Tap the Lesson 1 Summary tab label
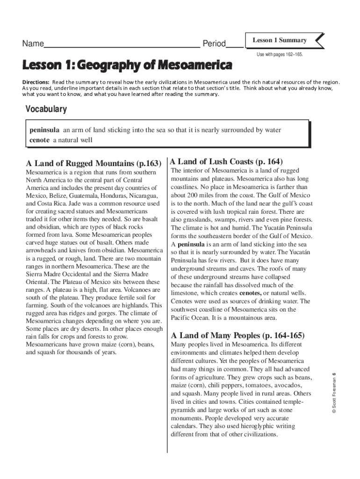tap(280, 40)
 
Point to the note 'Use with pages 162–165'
tap(280, 55)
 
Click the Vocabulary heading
tap(46, 109)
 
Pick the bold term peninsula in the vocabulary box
tap(44, 130)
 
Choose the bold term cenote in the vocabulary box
tap(39, 140)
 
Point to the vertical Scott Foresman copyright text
tap(333, 393)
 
